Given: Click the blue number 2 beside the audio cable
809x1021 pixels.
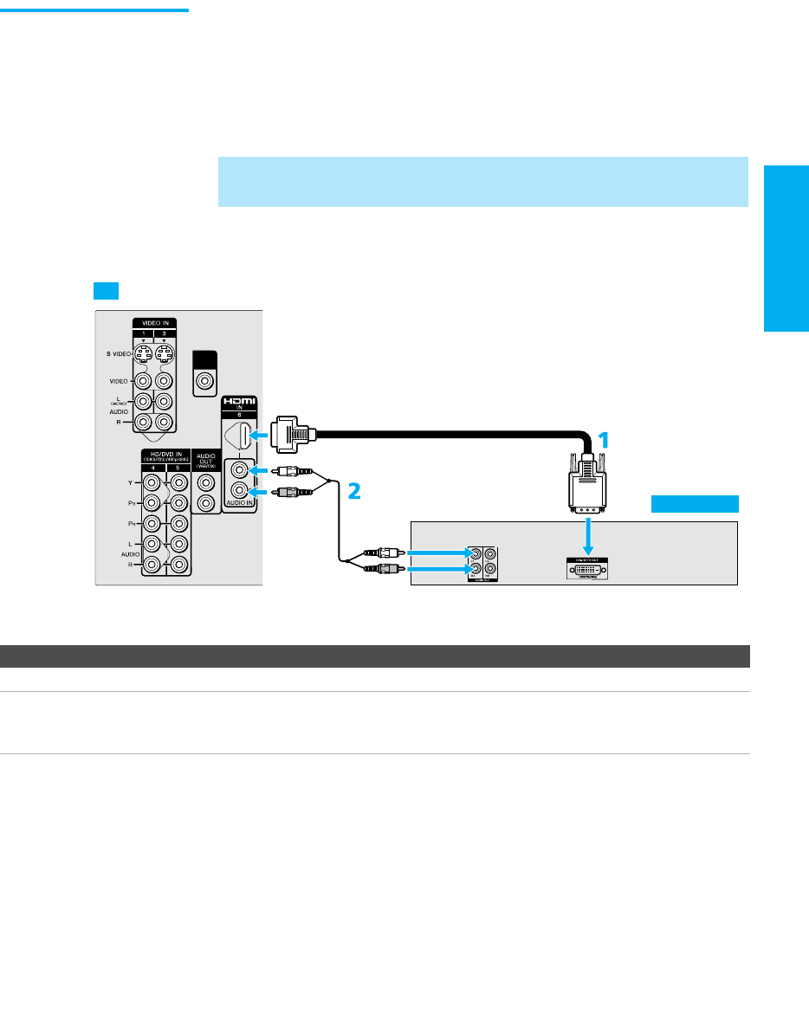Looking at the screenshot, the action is [353, 491].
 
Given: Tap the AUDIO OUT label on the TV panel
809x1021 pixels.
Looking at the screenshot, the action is [205, 458].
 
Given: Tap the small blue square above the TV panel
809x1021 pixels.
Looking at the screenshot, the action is [105, 288].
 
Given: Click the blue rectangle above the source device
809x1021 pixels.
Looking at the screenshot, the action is [696, 504].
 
